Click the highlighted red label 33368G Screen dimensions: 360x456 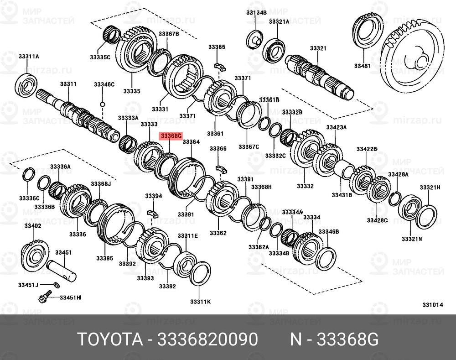pyautogui.click(x=170, y=136)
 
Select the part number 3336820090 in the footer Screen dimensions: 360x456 pyautogui.click(x=207, y=339)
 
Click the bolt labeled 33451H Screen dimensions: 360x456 pyautogui.click(x=44, y=298)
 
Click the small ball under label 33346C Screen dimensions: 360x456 pyautogui.click(x=103, y=104)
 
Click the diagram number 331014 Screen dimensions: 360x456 pyautogui.click(x=432, y=305)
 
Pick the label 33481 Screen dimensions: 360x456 pyautogui.click(x=363, y=66)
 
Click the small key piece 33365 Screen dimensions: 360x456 pyautogui.click(x=220, y=64)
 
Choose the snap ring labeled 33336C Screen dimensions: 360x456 pyautogui.click(x=29, y=174)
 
